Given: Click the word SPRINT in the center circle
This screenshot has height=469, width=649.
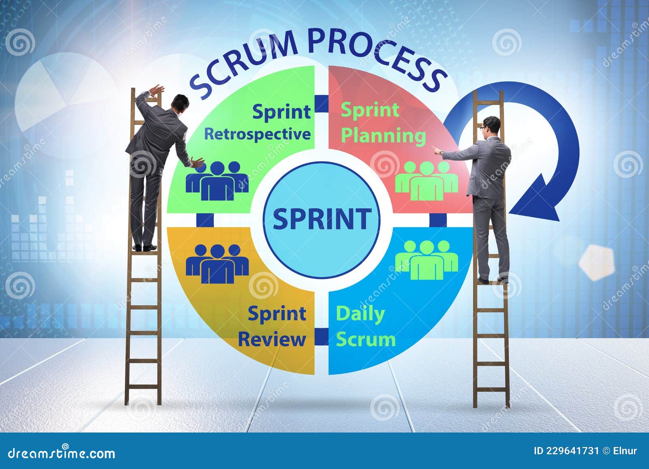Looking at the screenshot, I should (x=322, y=218).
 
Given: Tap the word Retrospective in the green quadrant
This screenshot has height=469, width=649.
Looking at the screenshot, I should (x=257, y=134).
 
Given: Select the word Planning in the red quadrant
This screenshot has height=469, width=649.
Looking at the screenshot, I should (x=383, y=136).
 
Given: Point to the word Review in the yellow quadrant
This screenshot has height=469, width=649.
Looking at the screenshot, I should (x=272, y=339).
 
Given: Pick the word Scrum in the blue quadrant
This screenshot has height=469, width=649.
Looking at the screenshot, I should (x=365, y=339).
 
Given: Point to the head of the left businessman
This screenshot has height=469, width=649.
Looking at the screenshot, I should (x=181, y=103).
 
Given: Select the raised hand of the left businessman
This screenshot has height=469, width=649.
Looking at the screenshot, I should (x=156, y=90).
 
